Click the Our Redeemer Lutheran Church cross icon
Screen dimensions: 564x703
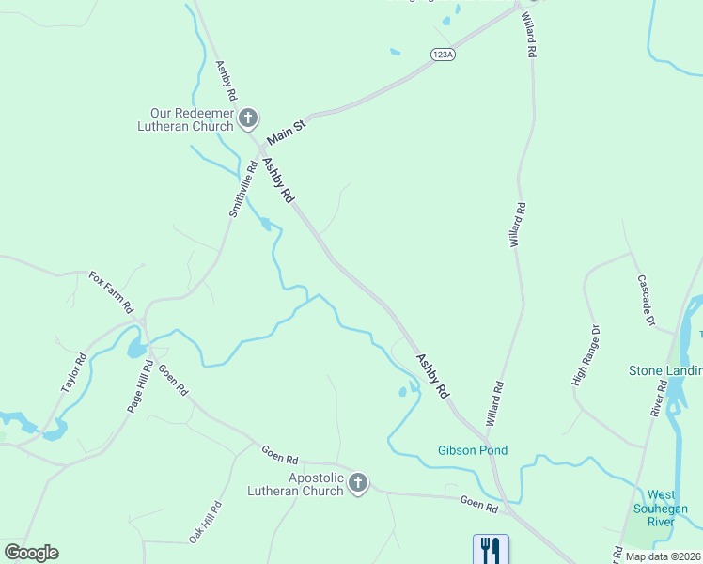coord(248,117)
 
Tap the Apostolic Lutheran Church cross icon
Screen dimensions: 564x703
coord(357,483)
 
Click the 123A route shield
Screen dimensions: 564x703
coord(444,55)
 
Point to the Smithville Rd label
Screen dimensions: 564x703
coord(242,191)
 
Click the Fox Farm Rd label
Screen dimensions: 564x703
coord(111,291)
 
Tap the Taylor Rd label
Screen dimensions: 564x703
coord(73,372)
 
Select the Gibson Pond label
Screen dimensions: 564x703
coord(473,450)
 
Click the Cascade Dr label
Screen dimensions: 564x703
coord(646,300)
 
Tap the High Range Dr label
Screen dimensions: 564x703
coord(585,355)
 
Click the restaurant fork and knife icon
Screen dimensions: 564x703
coord(490,549)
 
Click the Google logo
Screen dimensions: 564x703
coord(31,553)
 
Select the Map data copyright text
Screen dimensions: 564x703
coord(664,556)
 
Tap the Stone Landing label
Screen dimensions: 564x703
coord(664,370)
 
